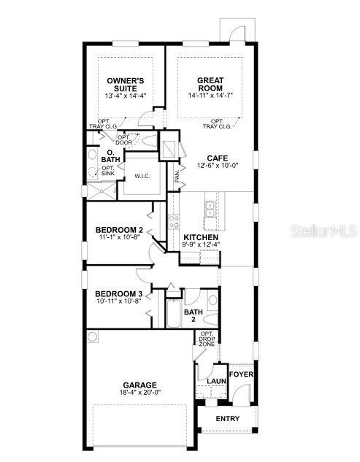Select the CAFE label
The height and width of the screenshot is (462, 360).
point(217,158)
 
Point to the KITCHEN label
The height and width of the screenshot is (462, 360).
point(201,238)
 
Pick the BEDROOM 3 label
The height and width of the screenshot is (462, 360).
point(118,291)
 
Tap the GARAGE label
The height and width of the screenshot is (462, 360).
point(139,385)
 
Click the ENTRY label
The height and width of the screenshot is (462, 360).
point(227,418)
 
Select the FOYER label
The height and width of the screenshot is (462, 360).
point(241,374)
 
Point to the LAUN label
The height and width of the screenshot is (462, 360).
point(215,381)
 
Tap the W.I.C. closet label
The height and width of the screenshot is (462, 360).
point(142,176)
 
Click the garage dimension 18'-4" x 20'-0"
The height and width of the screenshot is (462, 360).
point(139,393)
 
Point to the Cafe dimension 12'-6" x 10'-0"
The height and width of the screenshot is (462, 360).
point(217,166)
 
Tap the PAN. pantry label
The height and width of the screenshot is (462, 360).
point(177,176)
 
